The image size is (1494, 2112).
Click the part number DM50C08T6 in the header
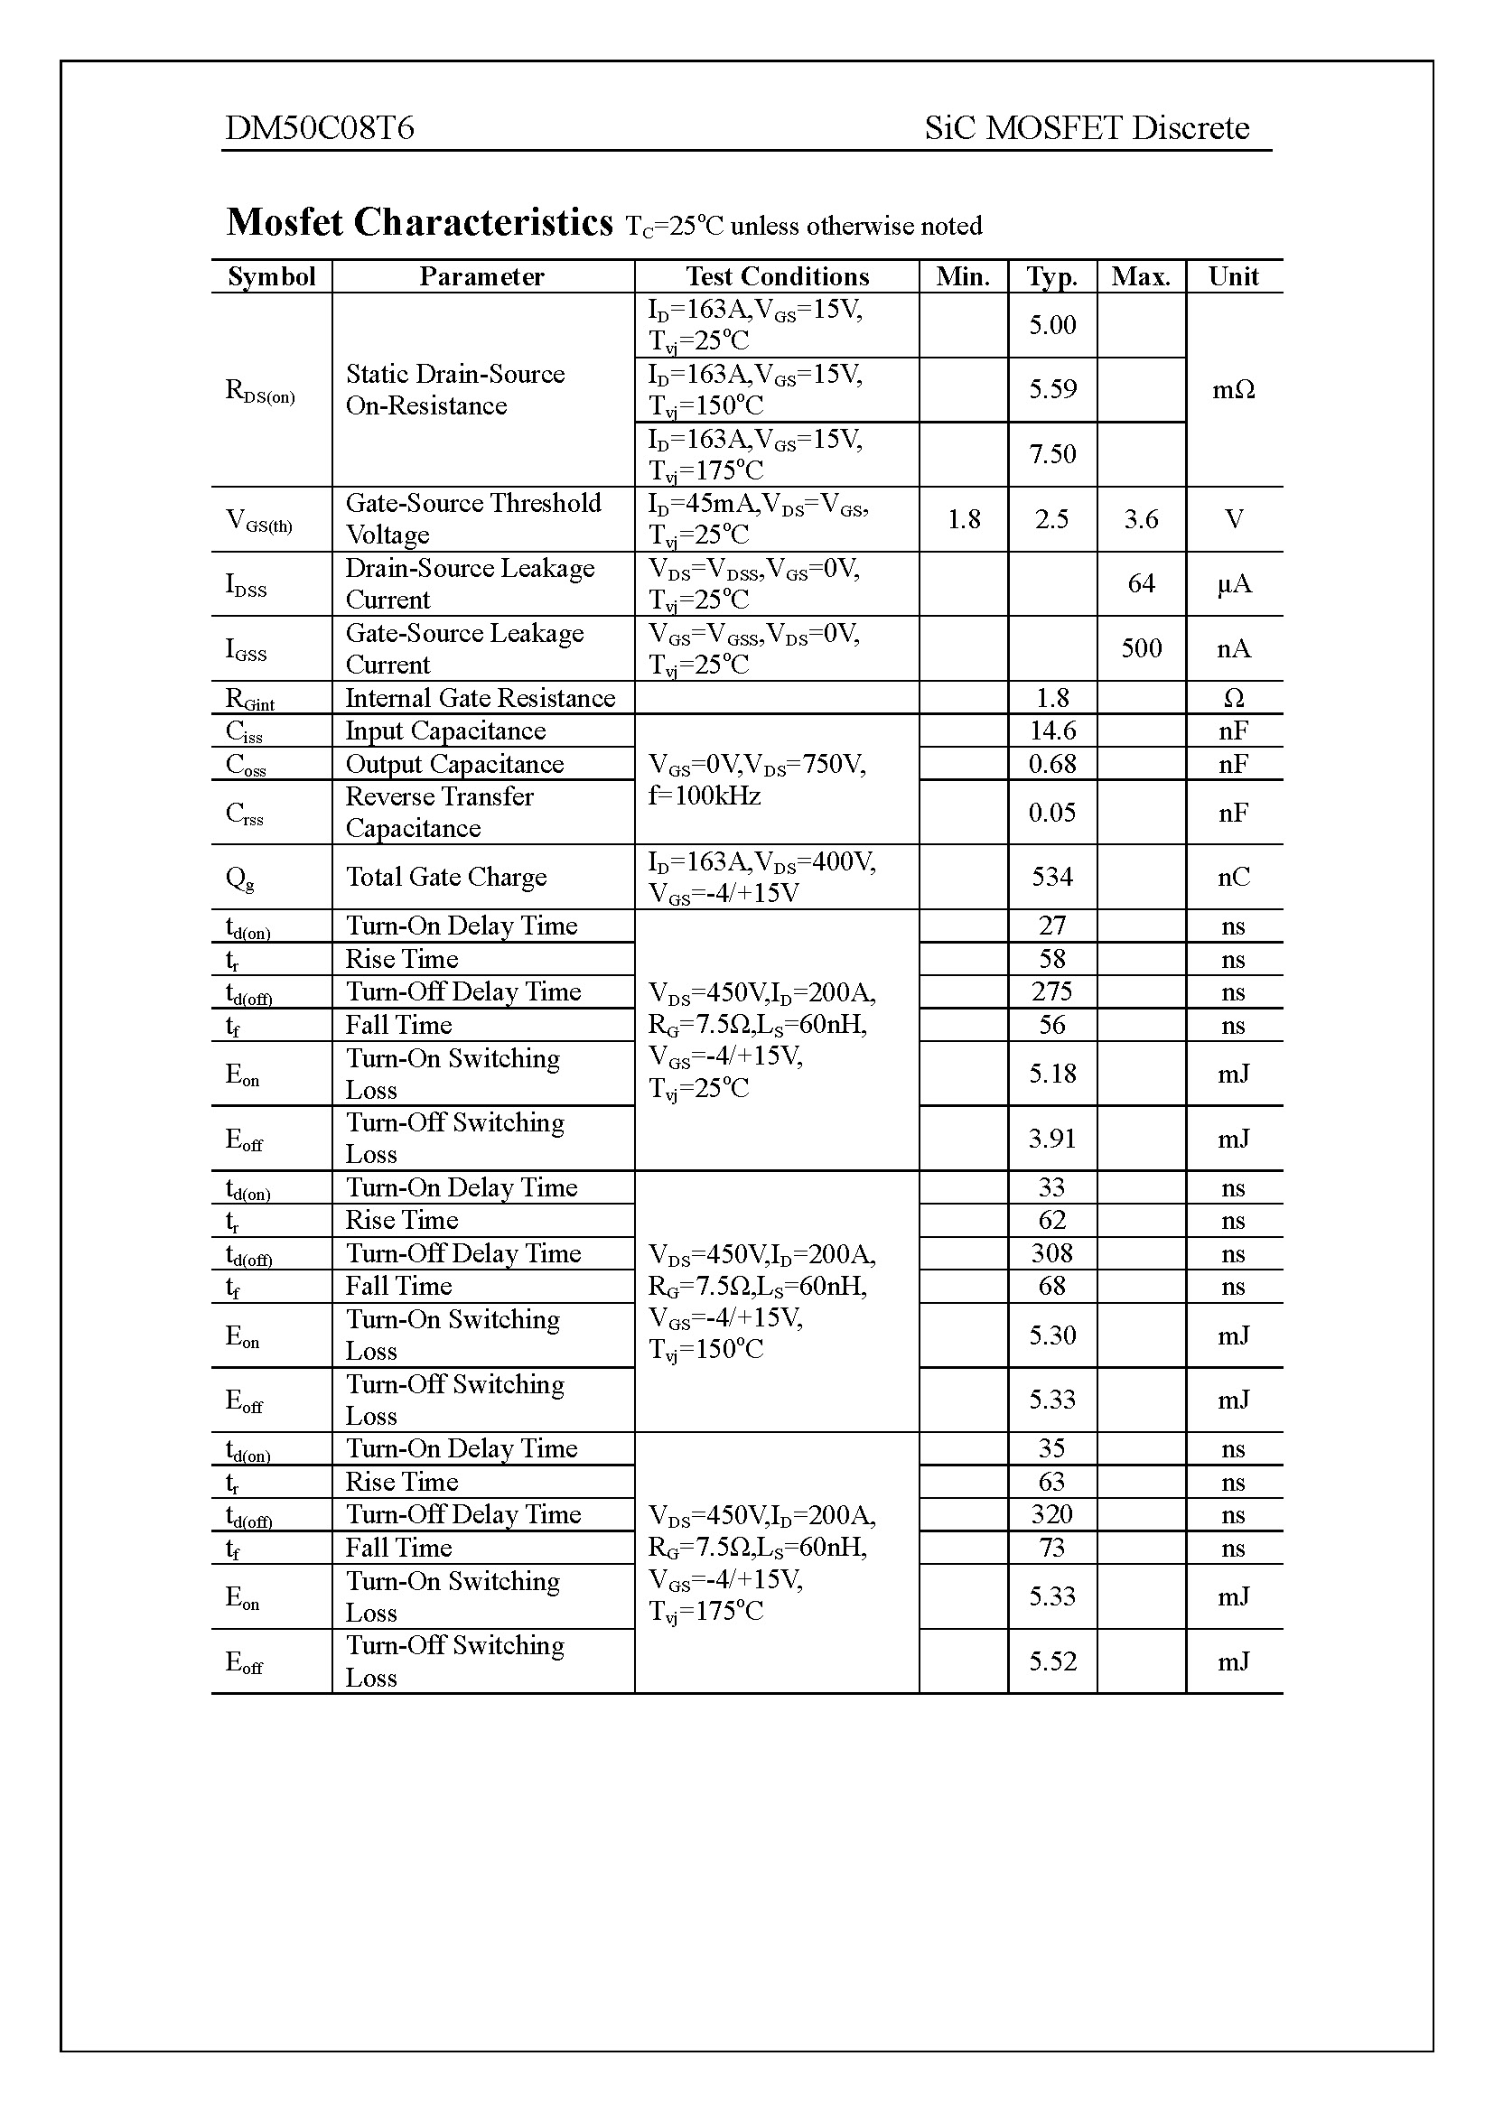pyautogui.click(x=319, y=127)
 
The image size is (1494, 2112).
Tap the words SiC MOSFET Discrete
pyautogui.click(x=1087, y=127)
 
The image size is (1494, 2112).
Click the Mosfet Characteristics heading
pyautogui.click(x=419, y=223)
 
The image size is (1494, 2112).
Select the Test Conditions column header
pyautogui.click(x=777, y=276)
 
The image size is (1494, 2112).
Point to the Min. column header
pyautogui.click(x=962, y=276)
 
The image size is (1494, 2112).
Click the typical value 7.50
pyautogui.click(x=1051, y=453)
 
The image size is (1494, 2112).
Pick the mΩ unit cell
pyautogui.click(x=1233, y=389)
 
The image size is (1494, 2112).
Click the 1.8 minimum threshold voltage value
pyautogui.click(x=963, y=519)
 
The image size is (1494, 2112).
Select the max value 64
pyautogui.click(x=1141, y=583)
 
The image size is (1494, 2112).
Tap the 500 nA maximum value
pyautogui.click(x=1141, y=648)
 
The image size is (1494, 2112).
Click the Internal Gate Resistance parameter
pyautogui.click(x=481, y=697)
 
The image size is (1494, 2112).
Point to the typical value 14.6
pyautogui.click(x=1051, y=730)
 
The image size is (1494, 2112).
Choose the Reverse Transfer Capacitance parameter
pyautogui.click(x=439, y=813)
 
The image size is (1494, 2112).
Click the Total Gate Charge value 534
pyautogui.click(x=1051, y=877)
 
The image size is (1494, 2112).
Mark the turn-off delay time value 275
pyautogui.click(x=1051, y=991)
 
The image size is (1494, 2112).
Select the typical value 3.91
pyautogui.click(x=1051, y=1139)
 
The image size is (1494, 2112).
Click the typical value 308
pyautogui.click(x=1051, y=1253)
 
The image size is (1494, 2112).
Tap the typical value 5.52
pyautogui.click(x=1051, y=1661)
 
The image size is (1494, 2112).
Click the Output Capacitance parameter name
pyautogui.click(x=454, y=764)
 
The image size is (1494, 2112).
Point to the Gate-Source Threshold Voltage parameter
pyautogui.click(x=472, y=519)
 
